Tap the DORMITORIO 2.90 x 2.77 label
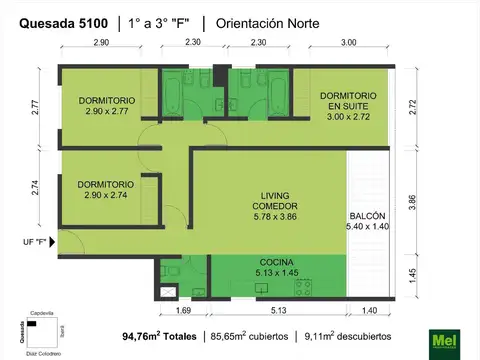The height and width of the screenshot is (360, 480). pos(105,106)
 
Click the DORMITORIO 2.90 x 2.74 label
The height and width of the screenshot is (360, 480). pos(105,190)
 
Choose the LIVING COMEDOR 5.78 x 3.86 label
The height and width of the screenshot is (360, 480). pos(274,201)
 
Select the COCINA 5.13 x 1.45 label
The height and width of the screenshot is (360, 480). pos(274,266)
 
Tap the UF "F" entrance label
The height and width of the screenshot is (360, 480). pos(36,242)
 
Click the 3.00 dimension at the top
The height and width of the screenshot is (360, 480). pos(348,43)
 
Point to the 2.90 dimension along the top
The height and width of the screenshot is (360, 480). pos(101,43)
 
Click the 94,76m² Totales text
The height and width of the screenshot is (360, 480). pos(159,337)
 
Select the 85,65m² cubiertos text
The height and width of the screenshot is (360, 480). pos(250,337)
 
